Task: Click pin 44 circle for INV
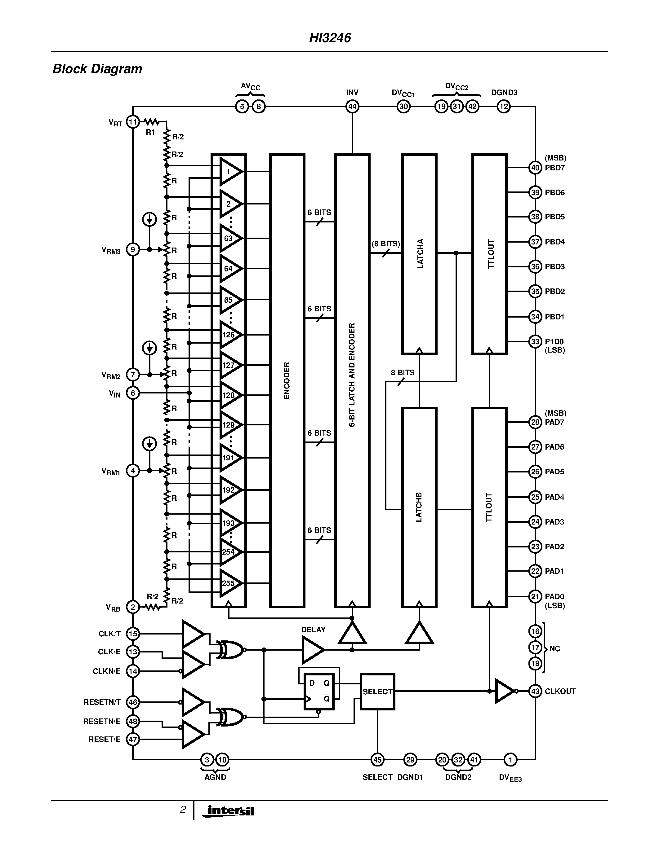point(352,107)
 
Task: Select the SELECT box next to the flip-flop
point(377,692)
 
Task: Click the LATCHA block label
point(420,253)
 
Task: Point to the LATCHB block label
point(419,507)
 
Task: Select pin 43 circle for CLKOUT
point(535,691)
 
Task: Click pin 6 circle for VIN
point(133,393)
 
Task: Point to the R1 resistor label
point(150,132)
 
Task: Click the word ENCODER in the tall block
point(287,380)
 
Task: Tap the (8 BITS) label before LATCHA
point(386,244)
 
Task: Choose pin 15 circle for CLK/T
point(133,634)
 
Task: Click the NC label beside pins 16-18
point(554,649)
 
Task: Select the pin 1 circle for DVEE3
point(510,760)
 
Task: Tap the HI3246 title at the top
point(330,38)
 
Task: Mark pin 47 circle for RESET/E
point(133,739)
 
